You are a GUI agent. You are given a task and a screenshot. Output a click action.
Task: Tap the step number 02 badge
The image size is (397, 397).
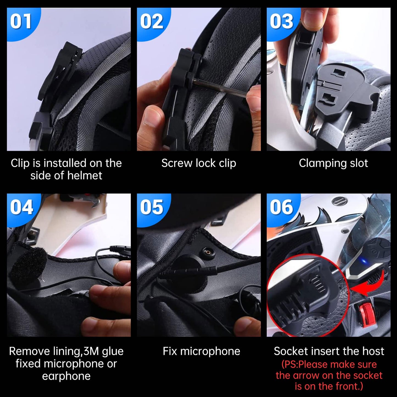pyautogui.click(x=151, y=22)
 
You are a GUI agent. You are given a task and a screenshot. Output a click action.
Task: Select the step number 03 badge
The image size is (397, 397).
pyautogui.click(x=281, y=22)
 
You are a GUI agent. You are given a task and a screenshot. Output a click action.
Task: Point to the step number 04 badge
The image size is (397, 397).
pyautogui.click(x=21, y=207)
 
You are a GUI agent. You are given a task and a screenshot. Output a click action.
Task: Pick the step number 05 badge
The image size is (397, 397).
pyautogui.click(x=151, y=207)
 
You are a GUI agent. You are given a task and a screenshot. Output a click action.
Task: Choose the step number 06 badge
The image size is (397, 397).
pyautogui.click(x=281, y=207)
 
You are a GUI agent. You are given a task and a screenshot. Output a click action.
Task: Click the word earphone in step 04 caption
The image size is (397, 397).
pyautogui.click(x=66, y=376)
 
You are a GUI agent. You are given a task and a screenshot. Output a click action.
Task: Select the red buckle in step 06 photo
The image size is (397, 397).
pyautogui.click(x=367, y=315)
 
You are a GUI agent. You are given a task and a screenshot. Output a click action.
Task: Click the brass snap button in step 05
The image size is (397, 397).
pyautogui.click(x=206, y=251)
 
